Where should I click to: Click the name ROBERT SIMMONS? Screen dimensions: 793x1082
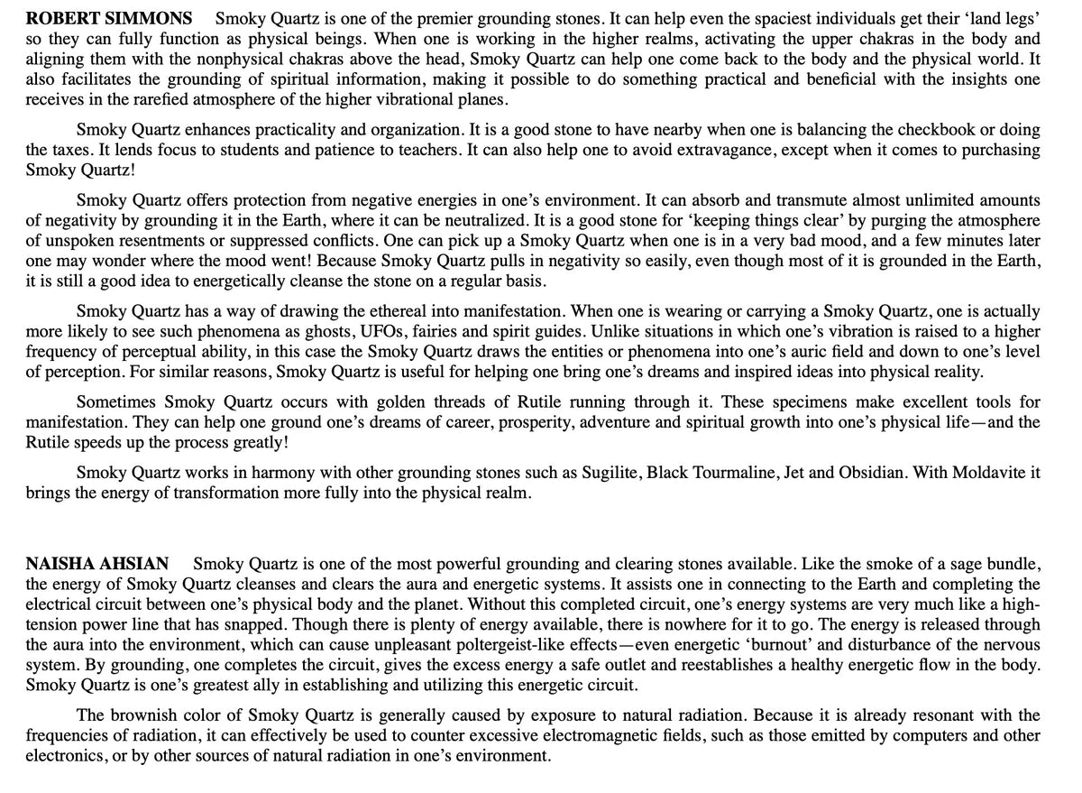(x=108, y=17)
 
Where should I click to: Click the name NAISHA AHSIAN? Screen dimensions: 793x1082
(x=96, y=565)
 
